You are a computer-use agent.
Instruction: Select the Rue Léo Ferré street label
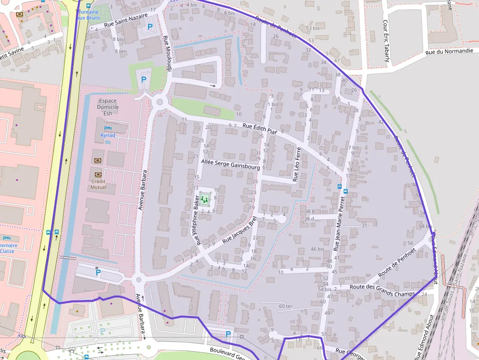tap(297, 166)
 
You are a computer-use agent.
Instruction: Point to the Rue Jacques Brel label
tap(239, 231)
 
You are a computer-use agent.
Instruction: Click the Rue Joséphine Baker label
tap(197, 224)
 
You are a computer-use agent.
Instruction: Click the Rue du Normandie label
tap(449, 51)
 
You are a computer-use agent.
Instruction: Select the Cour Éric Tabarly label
tap(386, 41)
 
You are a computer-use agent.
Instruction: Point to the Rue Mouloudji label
tap(167, 54)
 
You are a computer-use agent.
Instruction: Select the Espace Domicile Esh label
tap(108, 107)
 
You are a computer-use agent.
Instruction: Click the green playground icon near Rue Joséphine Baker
tap(205, 199)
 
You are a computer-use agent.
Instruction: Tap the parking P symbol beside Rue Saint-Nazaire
tap(150, 27)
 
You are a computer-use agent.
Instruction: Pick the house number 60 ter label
tap(285, 306)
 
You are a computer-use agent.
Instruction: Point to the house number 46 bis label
tap(317, 249)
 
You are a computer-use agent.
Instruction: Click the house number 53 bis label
tap(312, 28)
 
